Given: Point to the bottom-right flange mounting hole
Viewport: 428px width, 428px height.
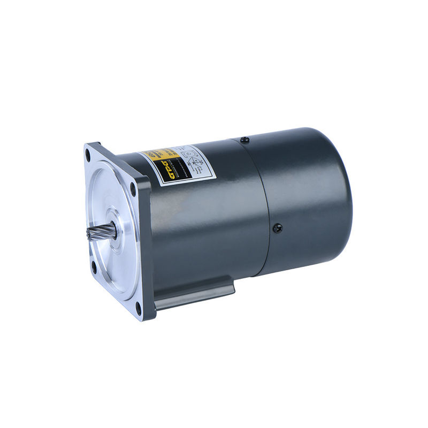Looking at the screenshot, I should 137,307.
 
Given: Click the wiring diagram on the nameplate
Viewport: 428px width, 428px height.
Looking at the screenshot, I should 193,160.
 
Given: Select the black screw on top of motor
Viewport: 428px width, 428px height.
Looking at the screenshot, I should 244,140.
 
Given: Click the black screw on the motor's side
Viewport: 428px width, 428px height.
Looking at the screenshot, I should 277,228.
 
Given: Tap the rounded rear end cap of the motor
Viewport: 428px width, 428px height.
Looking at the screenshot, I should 316,198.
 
